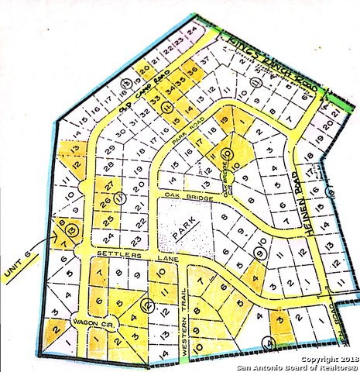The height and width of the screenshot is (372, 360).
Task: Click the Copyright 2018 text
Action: coord(325,360)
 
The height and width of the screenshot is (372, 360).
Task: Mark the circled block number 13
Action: coord(72,229)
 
